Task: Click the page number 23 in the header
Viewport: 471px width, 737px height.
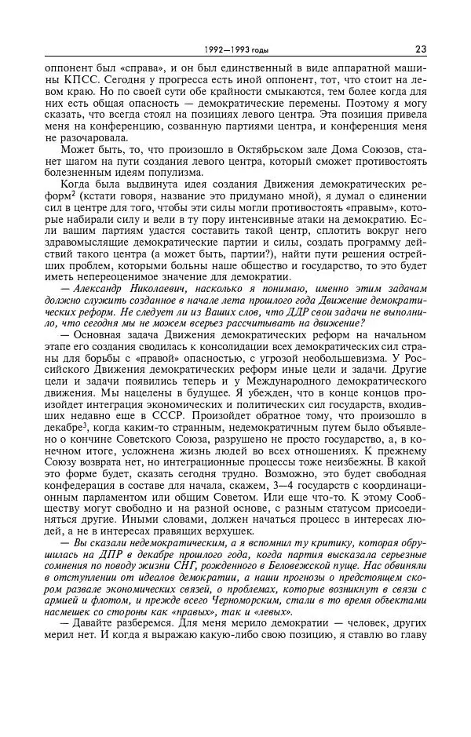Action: [420, 49]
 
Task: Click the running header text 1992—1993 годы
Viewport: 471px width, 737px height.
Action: [235, 50]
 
